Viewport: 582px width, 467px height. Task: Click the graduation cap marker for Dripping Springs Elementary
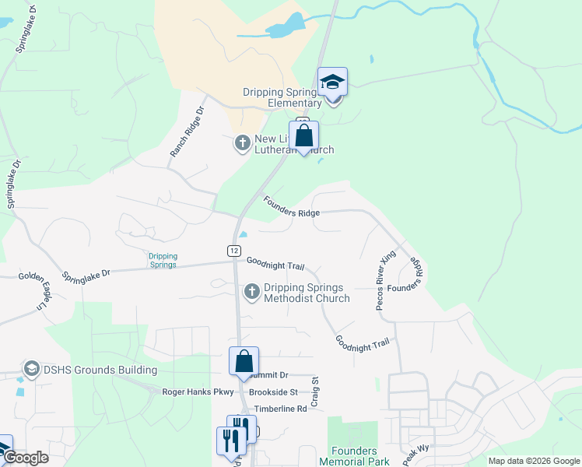coord(332,82)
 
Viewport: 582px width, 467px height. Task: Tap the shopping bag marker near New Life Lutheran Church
coord(303,135)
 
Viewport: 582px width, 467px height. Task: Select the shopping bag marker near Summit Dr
coord(244,361)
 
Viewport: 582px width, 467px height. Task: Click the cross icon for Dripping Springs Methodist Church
coord(251,292)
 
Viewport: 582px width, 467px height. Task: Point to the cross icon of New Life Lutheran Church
coord(242,143)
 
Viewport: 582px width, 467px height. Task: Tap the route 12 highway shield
coord(233,250)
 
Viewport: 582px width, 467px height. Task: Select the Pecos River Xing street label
coord(387,280)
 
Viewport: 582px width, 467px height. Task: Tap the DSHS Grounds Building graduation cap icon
coord(32,368)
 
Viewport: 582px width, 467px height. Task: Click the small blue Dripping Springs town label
coord(163,260)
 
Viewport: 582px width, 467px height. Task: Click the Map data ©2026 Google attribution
coord(534,461)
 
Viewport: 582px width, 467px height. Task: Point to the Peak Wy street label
coord(417,455)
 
